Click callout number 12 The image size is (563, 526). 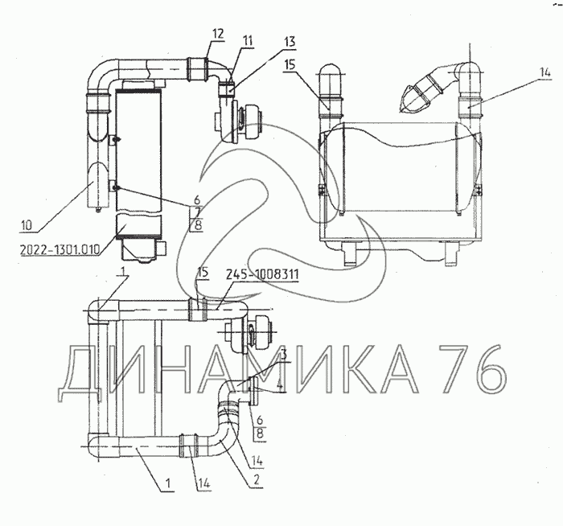[218, 34]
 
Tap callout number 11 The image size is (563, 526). [247, 40]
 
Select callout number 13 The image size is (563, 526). [289, 42]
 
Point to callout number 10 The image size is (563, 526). [27, 225]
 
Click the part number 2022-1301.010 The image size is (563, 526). [60, 249]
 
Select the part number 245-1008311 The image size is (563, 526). [262, 275]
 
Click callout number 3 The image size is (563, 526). [284, 355]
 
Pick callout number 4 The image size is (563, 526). [281, 386]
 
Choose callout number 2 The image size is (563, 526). [256, 479]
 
